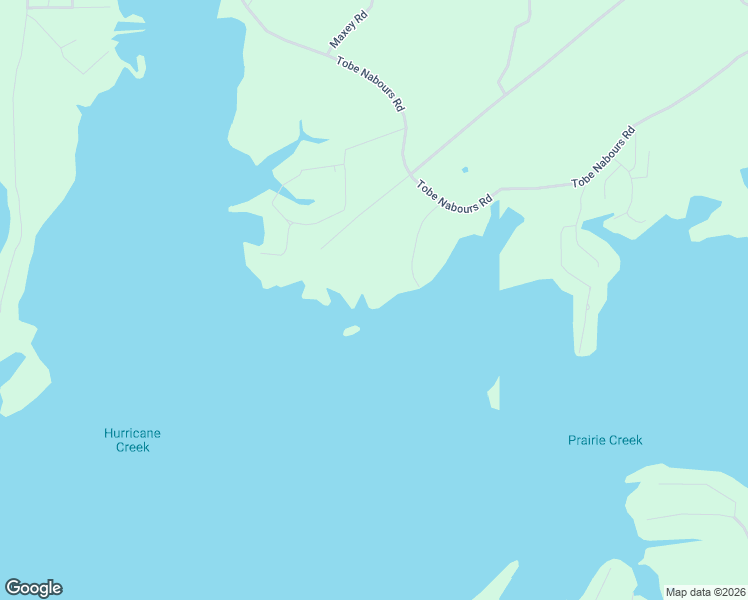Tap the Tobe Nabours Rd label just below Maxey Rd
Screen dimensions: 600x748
click(371, 84)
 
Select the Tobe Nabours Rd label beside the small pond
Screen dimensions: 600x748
click(455, 194)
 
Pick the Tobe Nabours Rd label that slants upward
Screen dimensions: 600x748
click(604, 159)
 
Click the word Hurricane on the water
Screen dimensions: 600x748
click(132, 433)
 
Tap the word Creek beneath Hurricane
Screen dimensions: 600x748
click(132, 448)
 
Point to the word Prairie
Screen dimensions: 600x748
click(586, 440)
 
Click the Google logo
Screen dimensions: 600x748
click(33, 588)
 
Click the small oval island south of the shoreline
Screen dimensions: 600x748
click(351, 330)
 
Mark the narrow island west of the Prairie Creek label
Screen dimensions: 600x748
click(493, 394)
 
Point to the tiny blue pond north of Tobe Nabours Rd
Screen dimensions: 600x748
click(464, 170)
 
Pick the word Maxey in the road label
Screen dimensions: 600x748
click(339, 40)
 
